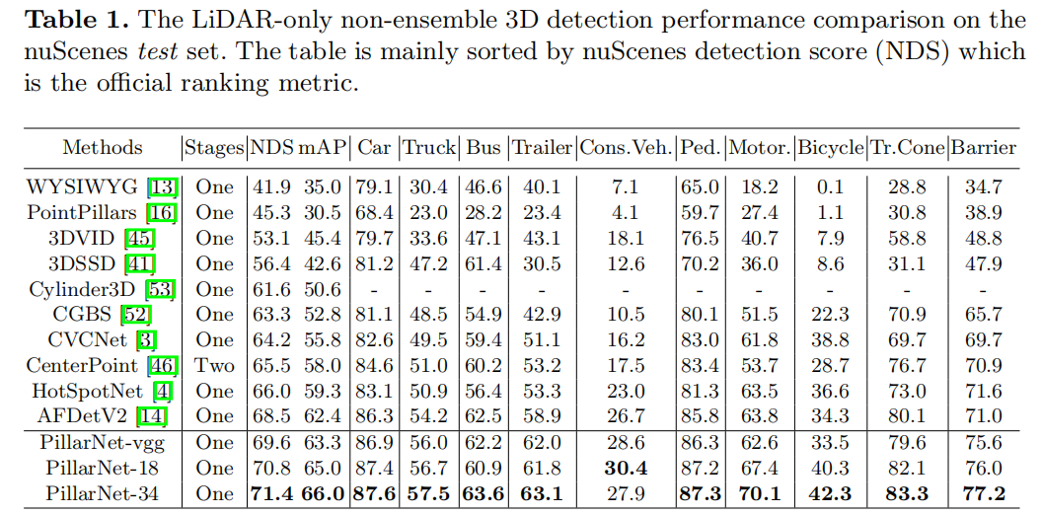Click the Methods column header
tap(103, 148)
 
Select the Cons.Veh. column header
tap(626, 148)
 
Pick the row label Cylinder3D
tap(80, 289)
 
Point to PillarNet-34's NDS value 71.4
tap(271, 493)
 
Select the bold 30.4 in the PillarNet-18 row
tap(626, 468)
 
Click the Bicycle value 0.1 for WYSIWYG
tap(831, 186)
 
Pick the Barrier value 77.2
tap(983, 493)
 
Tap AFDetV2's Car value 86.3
tap(375, 416)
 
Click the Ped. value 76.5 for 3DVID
tap(701, 238)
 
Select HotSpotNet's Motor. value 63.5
tap(759, 392)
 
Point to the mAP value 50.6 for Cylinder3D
tap(326, 289)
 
